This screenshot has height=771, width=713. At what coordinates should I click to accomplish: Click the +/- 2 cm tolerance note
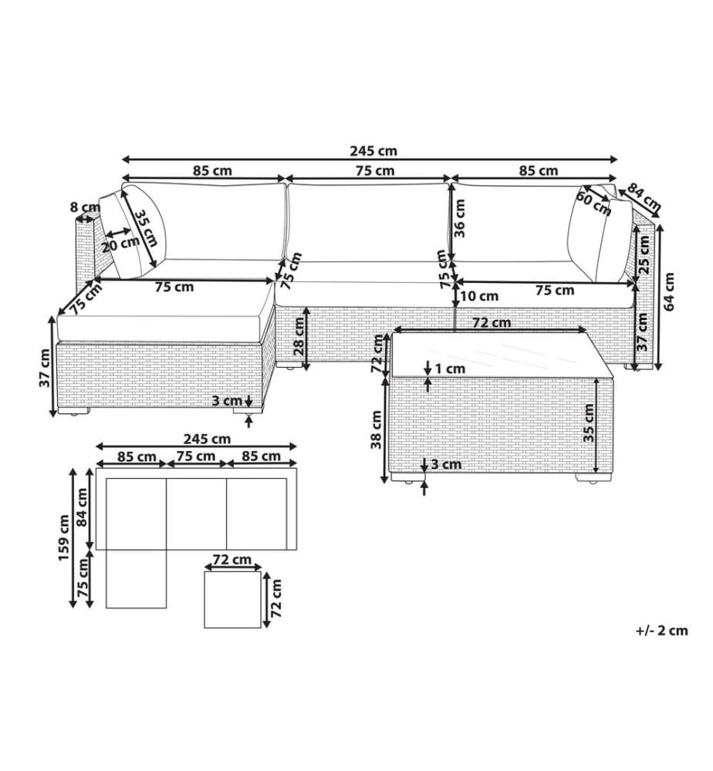click(x=661, y=631)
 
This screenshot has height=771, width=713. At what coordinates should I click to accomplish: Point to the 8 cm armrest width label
click(x=85, y=207)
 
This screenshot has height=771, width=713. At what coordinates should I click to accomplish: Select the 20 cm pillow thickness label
click(x=121, y=244)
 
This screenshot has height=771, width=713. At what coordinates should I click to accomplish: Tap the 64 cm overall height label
click(x=669, y=291)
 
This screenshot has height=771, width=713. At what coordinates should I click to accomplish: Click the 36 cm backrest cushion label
click(x=460, y=218)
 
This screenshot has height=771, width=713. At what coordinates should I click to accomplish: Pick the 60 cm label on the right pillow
click(x=593, y=204)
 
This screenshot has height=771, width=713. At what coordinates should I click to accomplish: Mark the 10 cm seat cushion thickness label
click(x=479, y=296)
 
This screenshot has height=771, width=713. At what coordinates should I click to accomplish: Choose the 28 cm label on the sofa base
click(x=299, y=336)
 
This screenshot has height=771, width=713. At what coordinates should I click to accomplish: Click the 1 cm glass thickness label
click(x=450, y=369)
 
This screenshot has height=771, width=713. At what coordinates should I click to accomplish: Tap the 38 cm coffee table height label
click(x=376, y=429)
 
